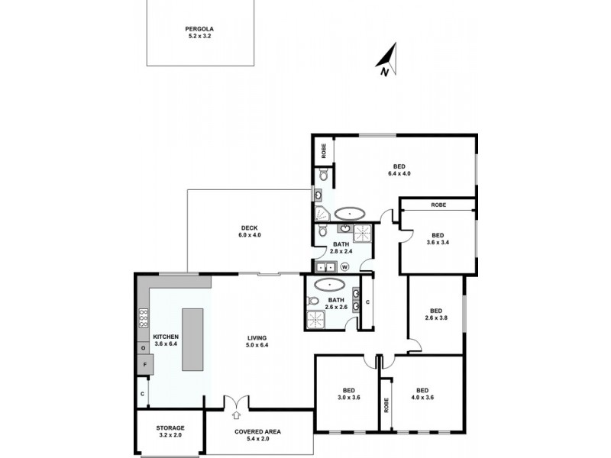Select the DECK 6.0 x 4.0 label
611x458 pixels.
point(250,231)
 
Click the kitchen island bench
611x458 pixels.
point(192,340)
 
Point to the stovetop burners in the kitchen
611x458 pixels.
point(143,318)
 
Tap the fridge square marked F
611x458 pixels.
point(143,366)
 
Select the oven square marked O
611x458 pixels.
point(142,348)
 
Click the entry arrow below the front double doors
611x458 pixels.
point(235,414)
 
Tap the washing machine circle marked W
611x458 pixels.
point(344,266)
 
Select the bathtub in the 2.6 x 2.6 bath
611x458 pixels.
point(330,284)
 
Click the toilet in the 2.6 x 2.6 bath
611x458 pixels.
point(312,301)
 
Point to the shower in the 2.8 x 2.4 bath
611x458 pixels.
point(362,232)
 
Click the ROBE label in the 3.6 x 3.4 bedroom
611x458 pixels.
point(438,205)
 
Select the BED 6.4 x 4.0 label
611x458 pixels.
point(399,170)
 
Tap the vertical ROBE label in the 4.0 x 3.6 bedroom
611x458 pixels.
point(386,404)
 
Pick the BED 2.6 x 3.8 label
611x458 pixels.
point(435,314)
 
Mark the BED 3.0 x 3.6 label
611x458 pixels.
point(348,393)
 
